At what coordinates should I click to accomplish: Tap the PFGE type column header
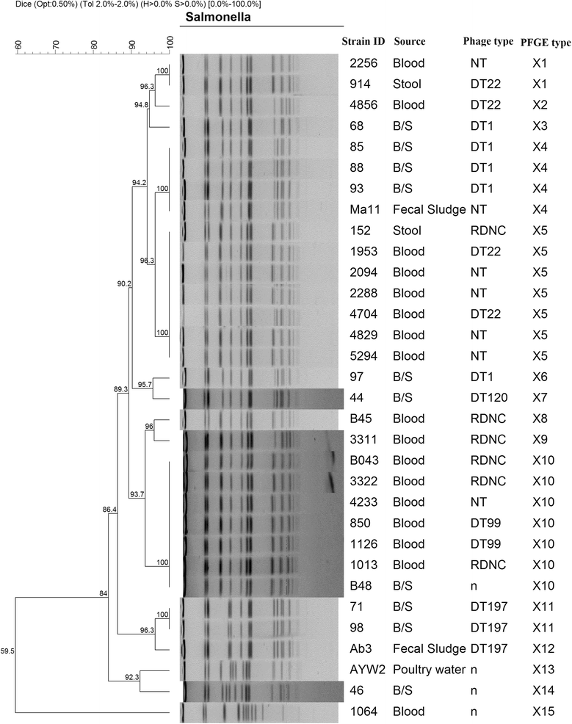tap(545, 42)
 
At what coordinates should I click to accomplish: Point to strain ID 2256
tap(363, 63)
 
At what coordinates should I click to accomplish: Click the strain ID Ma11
tap(364, 210)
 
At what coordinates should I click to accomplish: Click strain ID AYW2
tap(366, 670)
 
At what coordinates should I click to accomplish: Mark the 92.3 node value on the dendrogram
tap(131, 676)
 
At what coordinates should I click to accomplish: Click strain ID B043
tap(365, 460)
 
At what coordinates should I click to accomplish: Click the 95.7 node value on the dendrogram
tap(144, 384)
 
